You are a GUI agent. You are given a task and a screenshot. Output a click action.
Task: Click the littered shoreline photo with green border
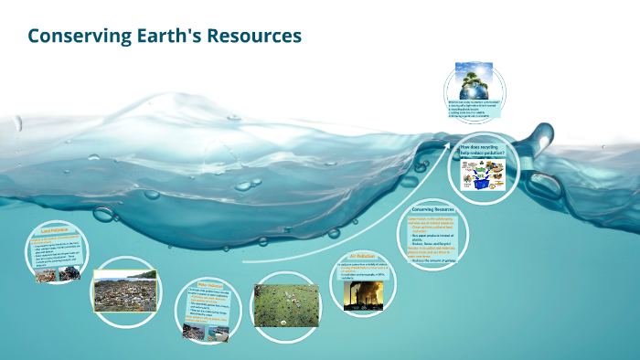click(x=124, y=291)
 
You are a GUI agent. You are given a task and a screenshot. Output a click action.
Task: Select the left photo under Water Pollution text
click(x=194, y=331)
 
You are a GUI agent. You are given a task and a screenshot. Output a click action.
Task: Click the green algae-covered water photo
click(x=285, y=305)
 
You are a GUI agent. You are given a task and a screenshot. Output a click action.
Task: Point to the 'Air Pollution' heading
click(x=363, y=257)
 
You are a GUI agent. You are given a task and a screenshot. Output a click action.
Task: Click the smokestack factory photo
click(x=364, y=293)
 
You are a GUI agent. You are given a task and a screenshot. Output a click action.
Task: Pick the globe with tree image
click(x=475, y=81)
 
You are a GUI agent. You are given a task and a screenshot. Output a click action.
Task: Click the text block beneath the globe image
click(x=475, y=111)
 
